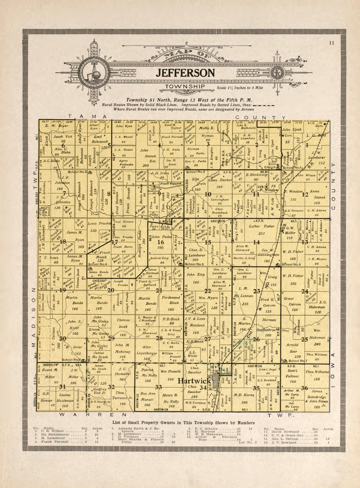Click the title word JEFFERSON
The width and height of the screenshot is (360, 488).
(x=185, y=73)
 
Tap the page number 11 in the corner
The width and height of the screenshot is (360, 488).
(x=332, y=43)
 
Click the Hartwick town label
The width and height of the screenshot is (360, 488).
(x=194, y=381)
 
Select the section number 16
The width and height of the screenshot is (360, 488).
(x=160, y=242)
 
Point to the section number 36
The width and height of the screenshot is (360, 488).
(x=305, y=388)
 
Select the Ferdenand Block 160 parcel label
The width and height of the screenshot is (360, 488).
(x=171, y=303)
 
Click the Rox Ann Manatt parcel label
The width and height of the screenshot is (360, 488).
(x=148, y=399)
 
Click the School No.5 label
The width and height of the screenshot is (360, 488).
(x=194, y=264)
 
